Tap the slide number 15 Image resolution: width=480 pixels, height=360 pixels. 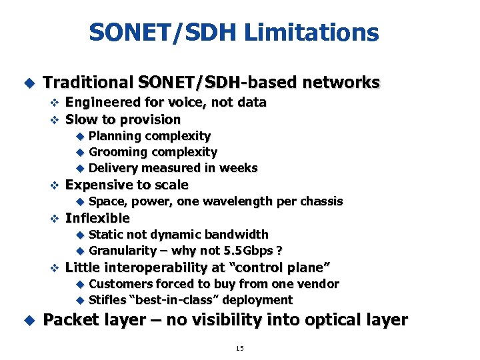click(x=240, y=348)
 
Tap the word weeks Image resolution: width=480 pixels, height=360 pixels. click(x=239, y=168)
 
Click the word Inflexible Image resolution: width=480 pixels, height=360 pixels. click(x=97, y=218)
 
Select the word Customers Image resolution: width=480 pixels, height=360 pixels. click(x=118, y=284)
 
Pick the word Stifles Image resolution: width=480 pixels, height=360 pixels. click(x=107, y=300)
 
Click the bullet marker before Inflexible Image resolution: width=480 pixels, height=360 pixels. click(x=56, y=219)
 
